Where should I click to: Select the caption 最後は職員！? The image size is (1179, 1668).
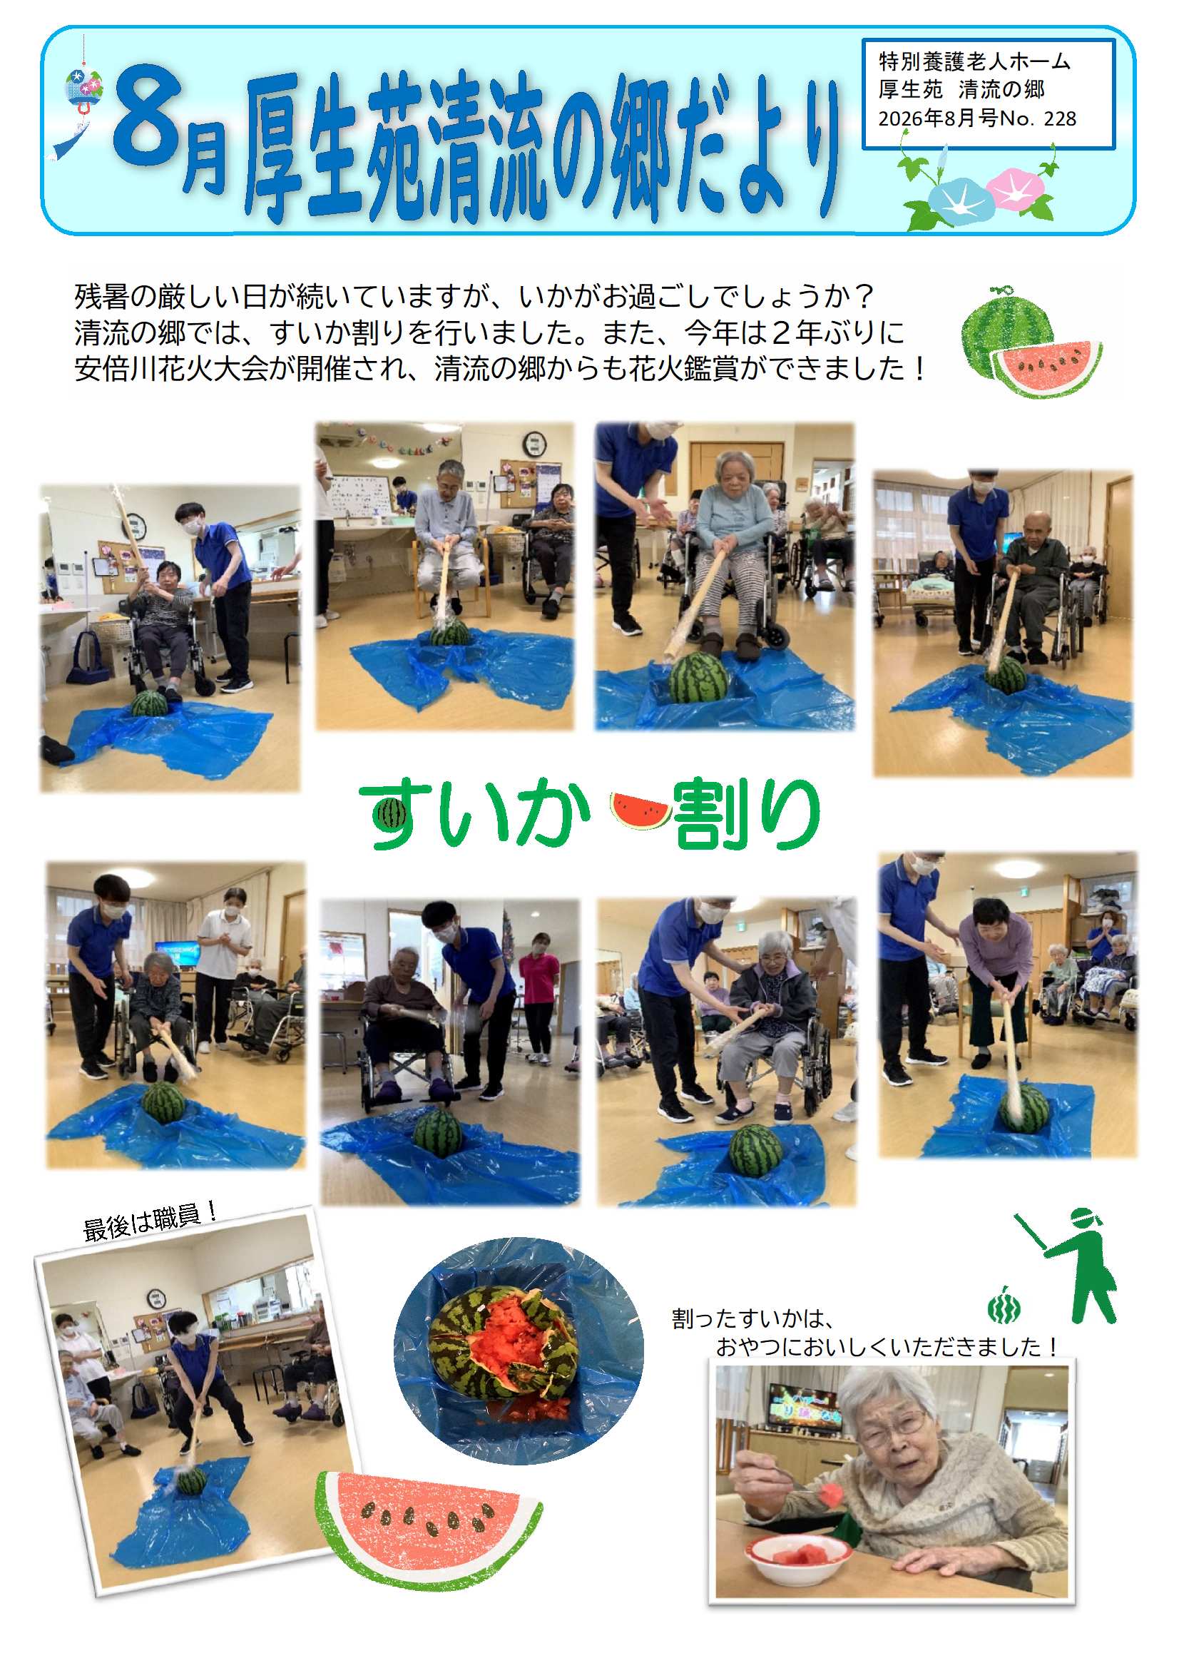[150, 1224]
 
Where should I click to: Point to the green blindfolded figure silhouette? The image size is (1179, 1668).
[1068, 1265]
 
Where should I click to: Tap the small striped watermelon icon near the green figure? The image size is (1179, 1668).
[1003, 1306]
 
